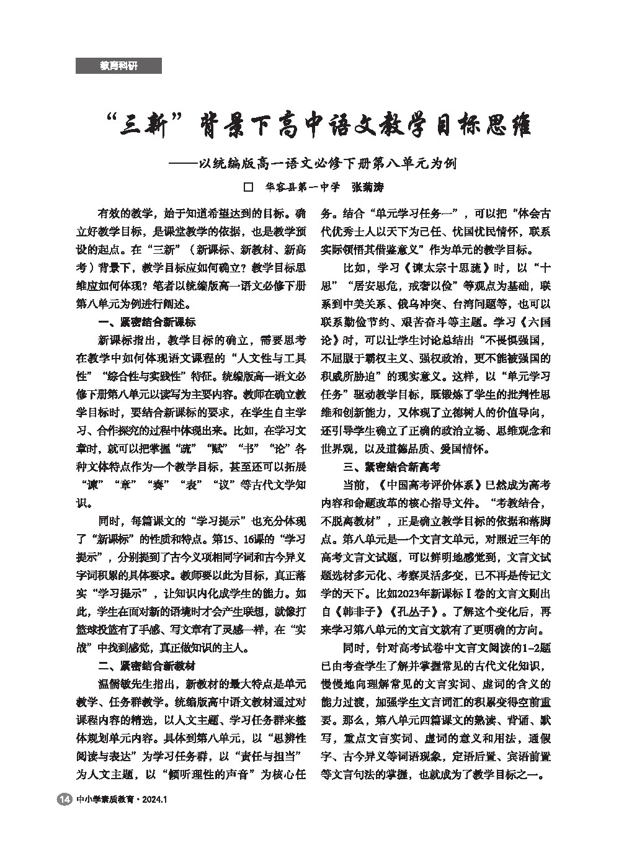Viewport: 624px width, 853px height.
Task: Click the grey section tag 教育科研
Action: [x=118, y=66]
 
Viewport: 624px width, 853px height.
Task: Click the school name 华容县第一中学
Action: [x=303, y=187]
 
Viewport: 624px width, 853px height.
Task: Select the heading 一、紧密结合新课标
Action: [x=147, y=322]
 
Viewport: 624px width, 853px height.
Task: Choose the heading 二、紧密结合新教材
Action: [x=147, y=666]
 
